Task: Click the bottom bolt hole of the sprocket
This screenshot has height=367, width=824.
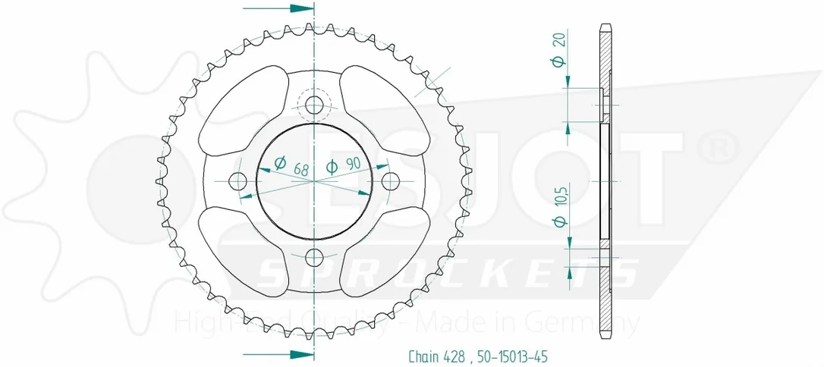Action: [x=314, y=257]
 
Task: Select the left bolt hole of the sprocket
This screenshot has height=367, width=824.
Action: [x=238, y=181]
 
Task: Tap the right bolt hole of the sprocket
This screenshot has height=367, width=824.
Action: [x=391, y=181]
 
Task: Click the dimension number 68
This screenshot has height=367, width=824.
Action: [x=300, y=168]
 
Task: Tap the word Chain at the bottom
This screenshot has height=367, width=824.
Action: [x=423, y=358]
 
